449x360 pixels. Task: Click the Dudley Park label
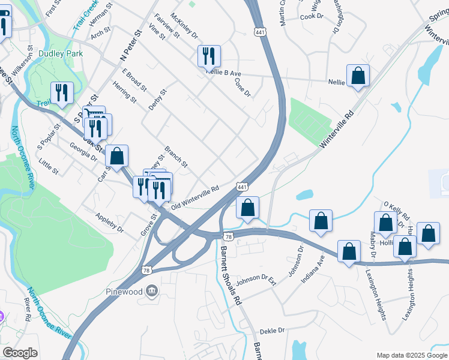pyautogui.click(x=59, y=53)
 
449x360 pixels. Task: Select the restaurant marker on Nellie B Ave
pyautogui.click(x=209, y=56)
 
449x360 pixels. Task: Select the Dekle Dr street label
pyautogui.click(x=272, y=331)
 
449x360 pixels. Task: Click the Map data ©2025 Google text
pyautogui.click(x=411, y=355)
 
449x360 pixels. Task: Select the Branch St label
pyautogui.click(x=176, y=157)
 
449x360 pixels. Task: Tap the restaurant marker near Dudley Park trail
pyautogui.click(x=62, y=92)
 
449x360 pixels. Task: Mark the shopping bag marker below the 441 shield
pyautogui.click(x=247, y=208)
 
